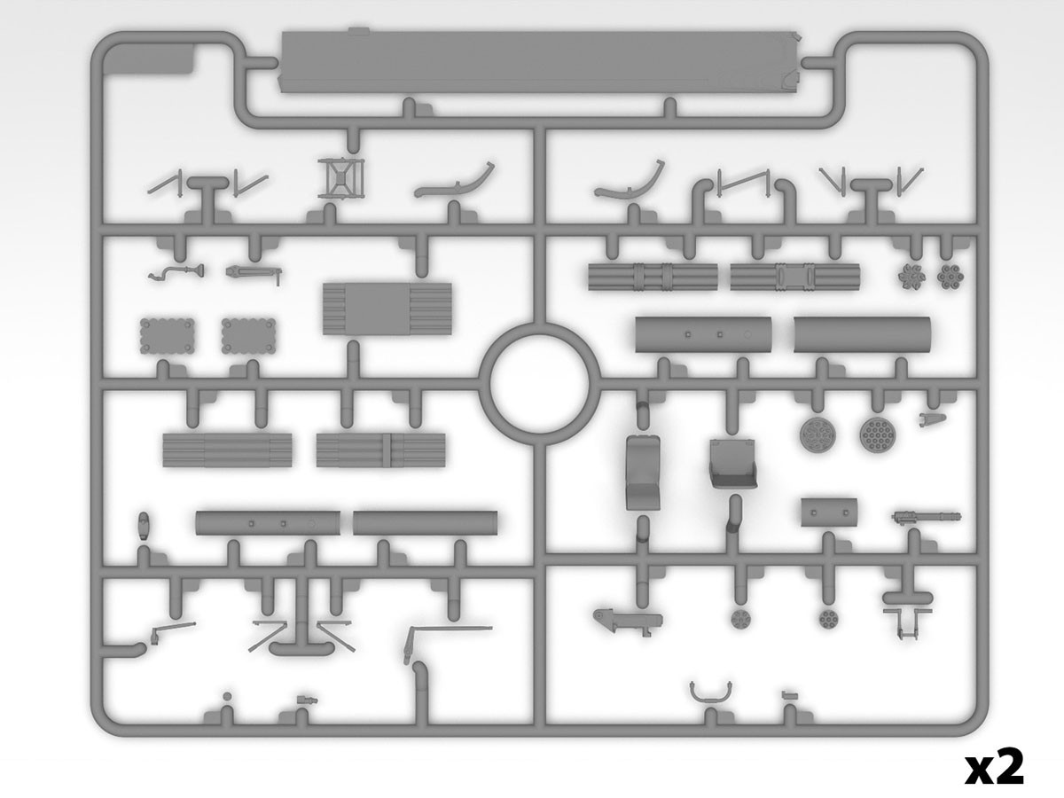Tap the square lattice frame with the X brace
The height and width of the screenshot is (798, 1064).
341,178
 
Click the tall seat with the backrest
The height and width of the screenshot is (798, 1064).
643,472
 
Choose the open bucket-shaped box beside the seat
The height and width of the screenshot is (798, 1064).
732,463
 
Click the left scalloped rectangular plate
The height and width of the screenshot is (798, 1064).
168,336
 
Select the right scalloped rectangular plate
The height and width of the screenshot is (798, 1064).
248,336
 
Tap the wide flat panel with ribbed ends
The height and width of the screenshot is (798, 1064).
387,309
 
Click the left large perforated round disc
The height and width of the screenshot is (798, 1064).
818,432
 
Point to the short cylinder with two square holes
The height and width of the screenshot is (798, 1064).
829,512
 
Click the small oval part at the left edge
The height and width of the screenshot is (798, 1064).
143,524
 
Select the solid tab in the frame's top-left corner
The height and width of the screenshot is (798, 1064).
149,59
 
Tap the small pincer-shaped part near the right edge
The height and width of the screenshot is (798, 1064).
932,419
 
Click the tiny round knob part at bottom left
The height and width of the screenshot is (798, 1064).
227,696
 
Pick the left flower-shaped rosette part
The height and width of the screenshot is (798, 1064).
911,278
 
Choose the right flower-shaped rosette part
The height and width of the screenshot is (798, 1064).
951,277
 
